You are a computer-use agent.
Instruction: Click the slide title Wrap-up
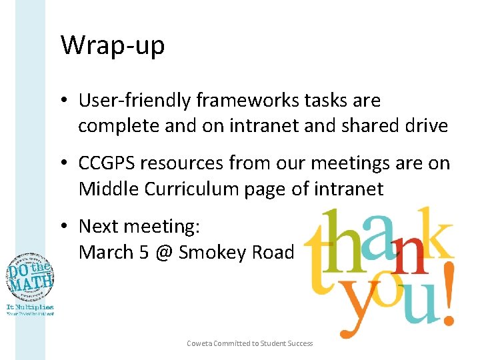pos(112,46)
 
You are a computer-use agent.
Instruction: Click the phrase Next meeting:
pos(139,227)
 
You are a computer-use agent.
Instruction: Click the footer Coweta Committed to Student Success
pos(249,343)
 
